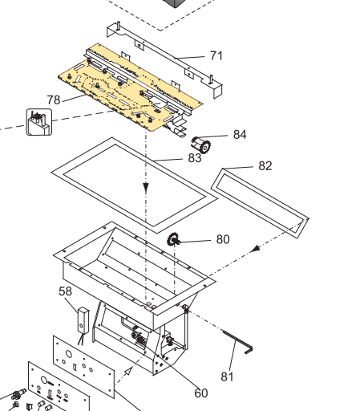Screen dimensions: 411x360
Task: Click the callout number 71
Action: click(x=216, y=55)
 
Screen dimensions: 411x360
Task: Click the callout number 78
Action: click(x=54, y=99)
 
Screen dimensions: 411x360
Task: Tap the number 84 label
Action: click(x=240, y=134)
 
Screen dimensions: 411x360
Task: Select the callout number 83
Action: click(x=195, y=158)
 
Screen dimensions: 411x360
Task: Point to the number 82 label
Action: click(x=265, y=166)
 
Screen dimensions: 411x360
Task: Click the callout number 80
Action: click(x=223, y=239)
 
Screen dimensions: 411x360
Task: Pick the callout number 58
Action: click(x=65, y=291)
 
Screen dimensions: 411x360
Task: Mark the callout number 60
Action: click(x=200, y=393)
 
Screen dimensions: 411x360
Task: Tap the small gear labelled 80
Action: click(x=174, y=240)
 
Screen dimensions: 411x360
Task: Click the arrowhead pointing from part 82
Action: click(x=254, y=250)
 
